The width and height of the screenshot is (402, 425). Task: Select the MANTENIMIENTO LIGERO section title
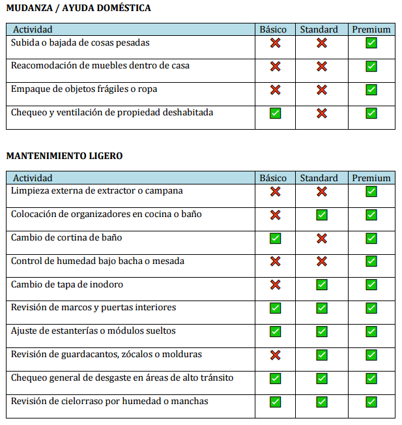click(x=65, y=156)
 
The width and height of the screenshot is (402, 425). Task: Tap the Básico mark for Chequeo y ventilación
click(x=275, y=113)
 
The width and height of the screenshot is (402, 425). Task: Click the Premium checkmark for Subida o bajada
click(x=371, y=43)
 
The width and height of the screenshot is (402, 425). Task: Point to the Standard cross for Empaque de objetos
click(x=322, y=90)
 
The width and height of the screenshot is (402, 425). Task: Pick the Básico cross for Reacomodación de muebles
click(x=275, y=66)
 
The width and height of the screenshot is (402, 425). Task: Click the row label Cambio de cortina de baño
click(x=66, y=237)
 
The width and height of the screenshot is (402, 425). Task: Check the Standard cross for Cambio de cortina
click(x=322, y=239)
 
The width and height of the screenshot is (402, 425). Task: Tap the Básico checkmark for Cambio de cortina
click(x=275, y=239)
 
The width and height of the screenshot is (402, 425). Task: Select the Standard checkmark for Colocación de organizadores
click(x=322, y=215)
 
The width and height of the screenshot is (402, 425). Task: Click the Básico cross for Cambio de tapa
click(x=275, y=285)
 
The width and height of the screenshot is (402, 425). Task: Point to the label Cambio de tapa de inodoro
click(x=67, y=284)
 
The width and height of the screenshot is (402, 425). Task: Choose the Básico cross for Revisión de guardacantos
click(x=275, y=355)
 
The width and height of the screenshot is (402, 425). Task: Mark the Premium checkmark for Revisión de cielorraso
click(x=371, y=402)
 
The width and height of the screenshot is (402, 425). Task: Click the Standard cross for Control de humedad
click(x=322, y=261)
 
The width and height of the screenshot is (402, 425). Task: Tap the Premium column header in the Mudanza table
click(x=371, y=29)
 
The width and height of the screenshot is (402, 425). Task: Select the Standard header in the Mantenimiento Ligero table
click(x=319, y=178)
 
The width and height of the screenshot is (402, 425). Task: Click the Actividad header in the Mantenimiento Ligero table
click(x=33, y=178)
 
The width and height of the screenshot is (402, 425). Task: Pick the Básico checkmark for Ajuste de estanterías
click(x=275, y=332)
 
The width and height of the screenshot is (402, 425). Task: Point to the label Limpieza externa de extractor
click(x=97, y=191)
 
